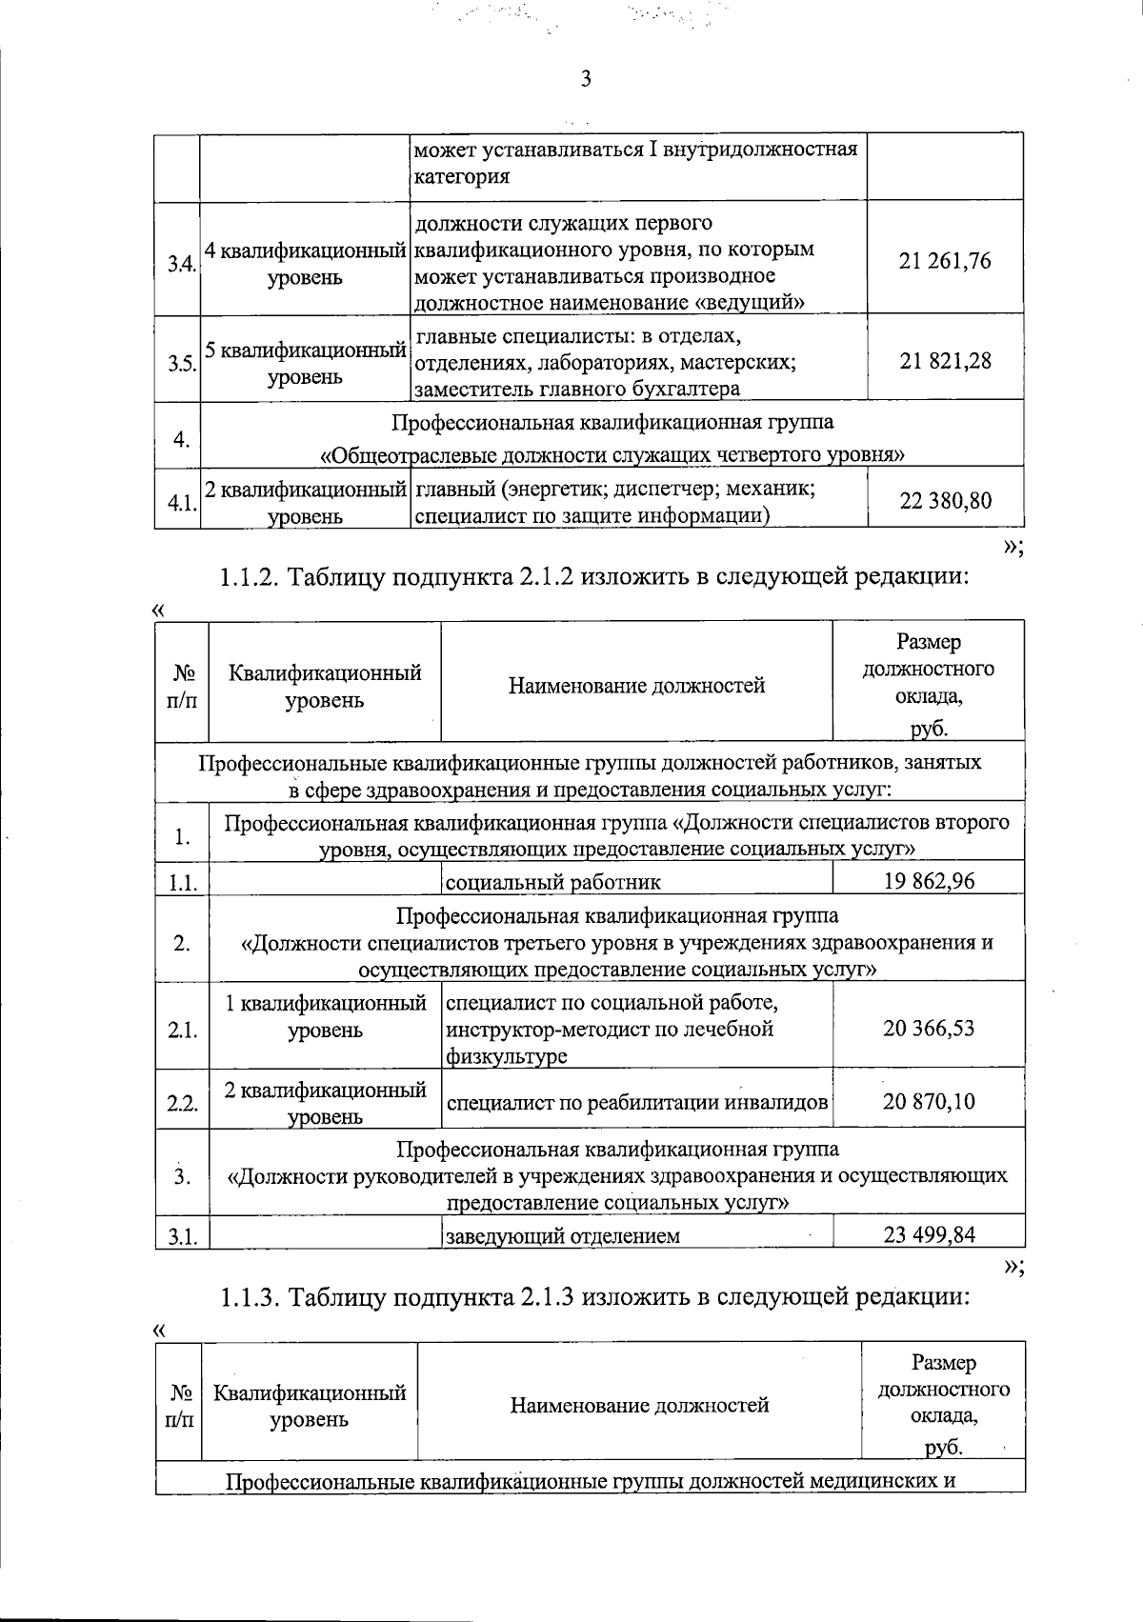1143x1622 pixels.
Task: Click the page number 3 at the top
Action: click(x=586, y=80)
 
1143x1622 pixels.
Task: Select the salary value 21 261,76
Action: click(x=945, y=261)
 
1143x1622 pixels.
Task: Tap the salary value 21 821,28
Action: click(x=945, y=361)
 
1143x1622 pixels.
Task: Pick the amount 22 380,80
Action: click(x=945, y=500)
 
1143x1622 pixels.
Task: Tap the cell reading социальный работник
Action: click(x=553, y=882)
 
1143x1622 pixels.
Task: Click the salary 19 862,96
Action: click(x=929, y=880)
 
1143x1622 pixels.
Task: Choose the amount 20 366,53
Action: click(x=929, y=1028)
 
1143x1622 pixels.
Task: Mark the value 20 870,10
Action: click(x=929, y=1101)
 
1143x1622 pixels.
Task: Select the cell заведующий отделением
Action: click(x=563, y=1236)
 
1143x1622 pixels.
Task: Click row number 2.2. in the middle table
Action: click(x=182, y=1104)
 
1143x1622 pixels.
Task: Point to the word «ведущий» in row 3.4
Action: click(x=752, y=303)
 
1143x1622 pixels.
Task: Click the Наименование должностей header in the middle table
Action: click(x=636, y=685)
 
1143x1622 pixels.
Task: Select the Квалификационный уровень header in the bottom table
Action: click(x=309, y=1406)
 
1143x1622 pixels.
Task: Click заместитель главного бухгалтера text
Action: click(x=576, y=389)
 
